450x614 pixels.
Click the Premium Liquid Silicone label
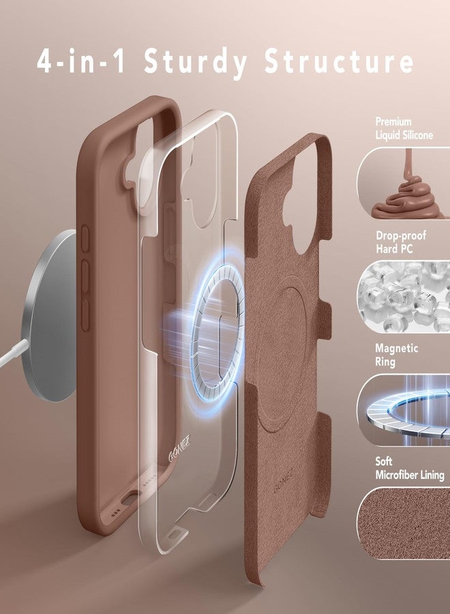point(404,128)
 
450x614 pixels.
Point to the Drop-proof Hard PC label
point(401,242)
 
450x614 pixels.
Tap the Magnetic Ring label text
point(397,355)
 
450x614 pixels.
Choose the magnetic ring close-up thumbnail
point(404,409)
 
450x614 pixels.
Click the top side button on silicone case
point(86,239)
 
